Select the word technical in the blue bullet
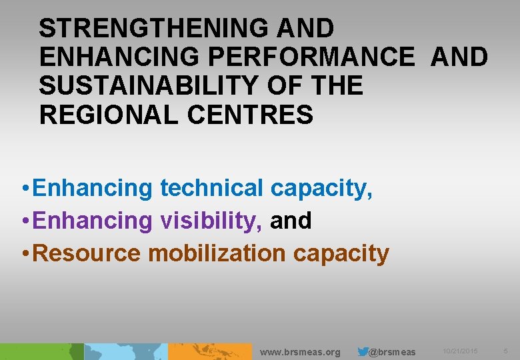(x=211, y=189)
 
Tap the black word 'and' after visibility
(x=291, y=221)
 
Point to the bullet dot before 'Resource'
(x=24, y=254)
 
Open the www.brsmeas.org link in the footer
(x=300, y=352)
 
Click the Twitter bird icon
(x=363, y=351)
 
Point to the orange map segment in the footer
(x=210, y=352)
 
